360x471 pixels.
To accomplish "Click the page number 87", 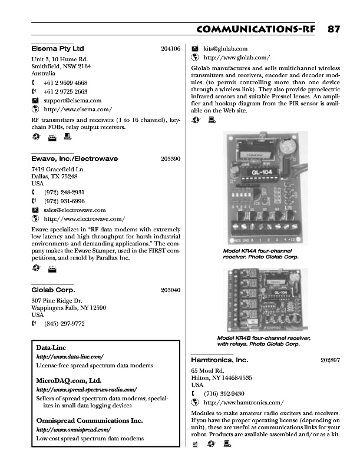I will click(x=333, y=29).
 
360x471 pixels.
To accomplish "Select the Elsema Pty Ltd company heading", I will click(x=57, y=48).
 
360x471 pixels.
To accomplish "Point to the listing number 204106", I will click(x=170, y=49).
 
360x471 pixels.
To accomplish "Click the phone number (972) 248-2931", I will click(x=64, y=192).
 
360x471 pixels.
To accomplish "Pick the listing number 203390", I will click(x=170, y=159).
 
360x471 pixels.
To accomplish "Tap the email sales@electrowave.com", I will click(x=75, y=210).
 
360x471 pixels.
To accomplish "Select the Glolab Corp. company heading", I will click(x=53, y=290).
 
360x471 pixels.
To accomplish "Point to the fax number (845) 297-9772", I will click(x=64, y=323).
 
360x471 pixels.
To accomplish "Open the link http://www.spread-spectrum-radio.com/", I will click(x=87, y=390).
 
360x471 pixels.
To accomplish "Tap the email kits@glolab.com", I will click(x=225, y=49).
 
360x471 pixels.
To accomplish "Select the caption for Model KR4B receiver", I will click(x=263, y=341).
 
